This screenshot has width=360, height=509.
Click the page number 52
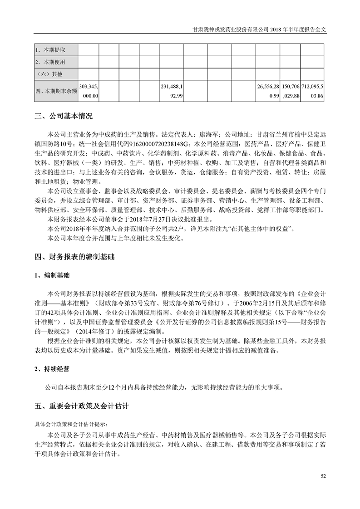pyautogui.click(x=323, y=476)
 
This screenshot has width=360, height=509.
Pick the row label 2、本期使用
pyautogui.click(x=52, y=62)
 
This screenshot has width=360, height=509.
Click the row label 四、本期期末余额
pyautogui.click(x=56, y=91)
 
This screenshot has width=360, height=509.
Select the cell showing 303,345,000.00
pyautogui.click(x=89, y=91)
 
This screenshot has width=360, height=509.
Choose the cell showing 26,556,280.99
pyautogui.click(x=268, y=91)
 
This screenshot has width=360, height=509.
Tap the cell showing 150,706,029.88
pyautogui.click(x=291, y=91)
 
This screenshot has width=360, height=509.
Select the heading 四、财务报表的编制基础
pyautogui.click(x=74, y=257)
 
